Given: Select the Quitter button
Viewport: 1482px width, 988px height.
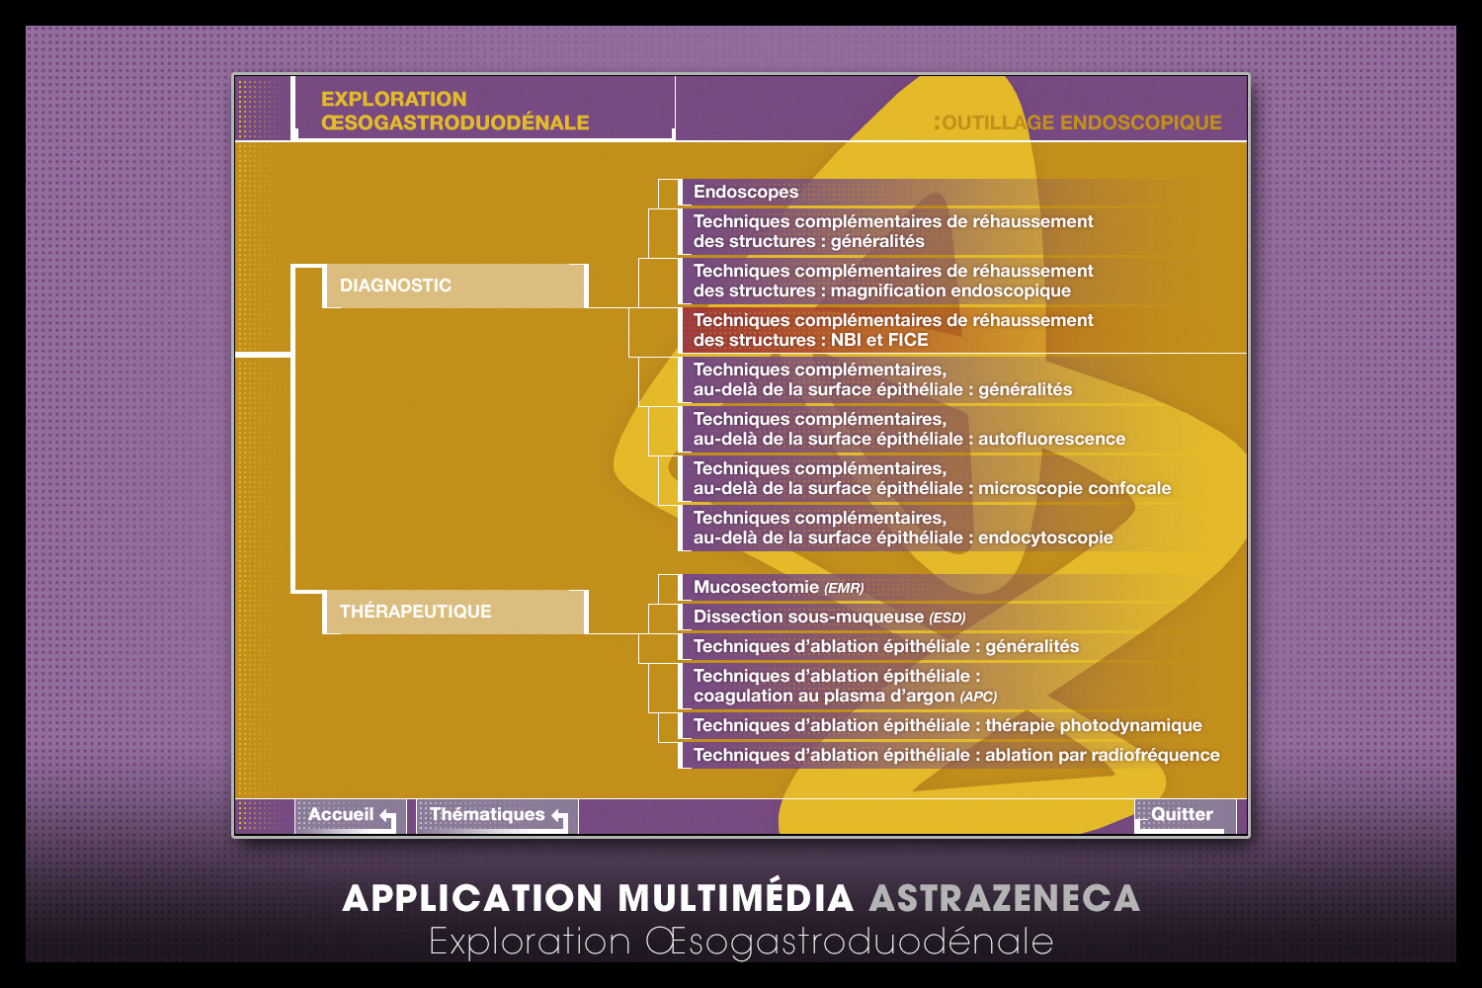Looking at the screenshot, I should point(1182,815).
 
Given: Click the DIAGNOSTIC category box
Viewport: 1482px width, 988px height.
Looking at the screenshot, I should point(454,286).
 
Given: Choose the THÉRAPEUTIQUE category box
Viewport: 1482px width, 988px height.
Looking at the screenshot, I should point(454,612).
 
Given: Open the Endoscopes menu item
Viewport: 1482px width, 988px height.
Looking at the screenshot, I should point(746,192).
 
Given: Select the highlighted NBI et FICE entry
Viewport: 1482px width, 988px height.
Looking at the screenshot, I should point(893,330).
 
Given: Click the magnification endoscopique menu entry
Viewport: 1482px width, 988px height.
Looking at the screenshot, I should point(893,281).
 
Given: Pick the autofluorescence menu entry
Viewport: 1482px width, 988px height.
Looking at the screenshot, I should point(909,429).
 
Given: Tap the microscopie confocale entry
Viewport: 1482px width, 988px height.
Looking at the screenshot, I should point(932,478).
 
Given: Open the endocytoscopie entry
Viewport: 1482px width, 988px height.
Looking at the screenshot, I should point(903,528).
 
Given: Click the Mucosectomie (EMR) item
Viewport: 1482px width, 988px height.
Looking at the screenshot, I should point(779,587).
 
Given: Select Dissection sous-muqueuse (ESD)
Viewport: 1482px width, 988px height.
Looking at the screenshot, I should point(829,617).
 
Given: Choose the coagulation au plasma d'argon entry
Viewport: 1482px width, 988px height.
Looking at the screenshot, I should point(845,686).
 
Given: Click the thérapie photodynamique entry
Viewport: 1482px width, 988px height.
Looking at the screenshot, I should point(947,725).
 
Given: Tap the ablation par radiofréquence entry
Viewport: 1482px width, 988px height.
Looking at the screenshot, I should point(956,755).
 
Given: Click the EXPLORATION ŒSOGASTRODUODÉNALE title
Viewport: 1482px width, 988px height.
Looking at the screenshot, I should point(454,111).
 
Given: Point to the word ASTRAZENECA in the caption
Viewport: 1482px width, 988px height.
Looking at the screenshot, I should point(1004,898).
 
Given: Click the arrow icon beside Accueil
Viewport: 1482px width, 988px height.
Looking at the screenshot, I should point(387,819).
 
